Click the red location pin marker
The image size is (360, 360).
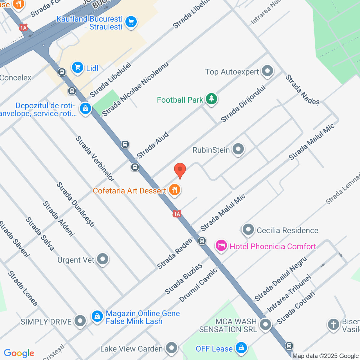pos(180,170)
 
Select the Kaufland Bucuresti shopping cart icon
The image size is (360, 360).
pos(131,22)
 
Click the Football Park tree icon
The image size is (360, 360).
pos(211,99)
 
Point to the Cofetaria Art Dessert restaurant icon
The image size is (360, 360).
pos(175,190)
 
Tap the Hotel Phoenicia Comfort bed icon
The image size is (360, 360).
pos(221,246)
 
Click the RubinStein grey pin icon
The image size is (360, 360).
pos(238,149)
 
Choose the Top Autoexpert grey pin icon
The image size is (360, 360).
pos(267,71)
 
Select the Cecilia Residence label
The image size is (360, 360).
pos(287,230)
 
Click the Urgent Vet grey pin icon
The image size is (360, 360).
pos(102,259)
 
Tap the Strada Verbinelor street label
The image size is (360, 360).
pos(95,159)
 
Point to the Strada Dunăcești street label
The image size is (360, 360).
pos(76,204)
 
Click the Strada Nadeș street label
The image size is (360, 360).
pos(303,90)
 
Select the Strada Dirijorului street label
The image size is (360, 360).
pos(243,104)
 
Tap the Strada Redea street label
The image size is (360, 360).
pos(175,253)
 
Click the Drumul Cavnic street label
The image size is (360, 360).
pos(198,285)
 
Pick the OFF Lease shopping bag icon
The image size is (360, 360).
pos(241,348)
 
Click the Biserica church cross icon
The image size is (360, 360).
pos(334,324)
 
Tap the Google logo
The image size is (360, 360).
pos(19,353)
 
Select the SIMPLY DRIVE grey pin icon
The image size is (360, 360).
pos(80,321)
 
